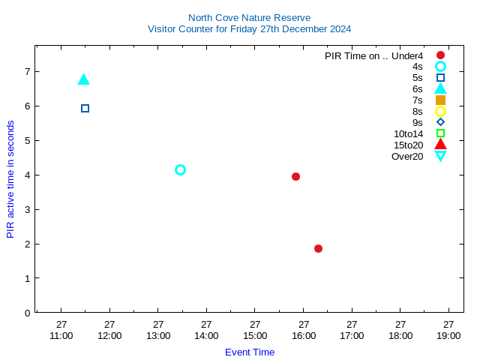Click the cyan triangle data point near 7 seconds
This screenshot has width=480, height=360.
click(x=83, y=79)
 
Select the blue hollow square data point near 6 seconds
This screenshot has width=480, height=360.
click(x=85, y=108)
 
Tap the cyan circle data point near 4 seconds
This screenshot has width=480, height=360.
click(x=180, y=169)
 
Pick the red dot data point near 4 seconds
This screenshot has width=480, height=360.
click(x=295, y=176)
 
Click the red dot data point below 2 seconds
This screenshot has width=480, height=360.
click(x=318, y=248)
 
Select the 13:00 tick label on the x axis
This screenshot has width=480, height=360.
click(x=158, y=335)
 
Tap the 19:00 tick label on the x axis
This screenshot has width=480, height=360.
click(x=448, y=335)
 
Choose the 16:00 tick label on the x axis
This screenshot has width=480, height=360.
click(x=304, y=335)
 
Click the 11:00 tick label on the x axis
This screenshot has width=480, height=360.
click(x=61, y=335)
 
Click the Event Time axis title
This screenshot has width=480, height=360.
click(x=250, y=352)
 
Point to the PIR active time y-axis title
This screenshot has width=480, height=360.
click(x=10, y=179)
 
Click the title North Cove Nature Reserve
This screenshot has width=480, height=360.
click(x=249, y=17)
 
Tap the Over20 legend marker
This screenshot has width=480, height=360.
click(x=440, y=156)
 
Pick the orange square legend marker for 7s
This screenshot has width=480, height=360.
click(x=440, y=100)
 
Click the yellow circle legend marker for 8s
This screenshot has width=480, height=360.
click(x=440, y=111)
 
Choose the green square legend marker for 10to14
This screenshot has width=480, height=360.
click(x=440, y=133)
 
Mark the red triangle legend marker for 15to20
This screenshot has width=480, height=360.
click(x=440, y=144)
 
